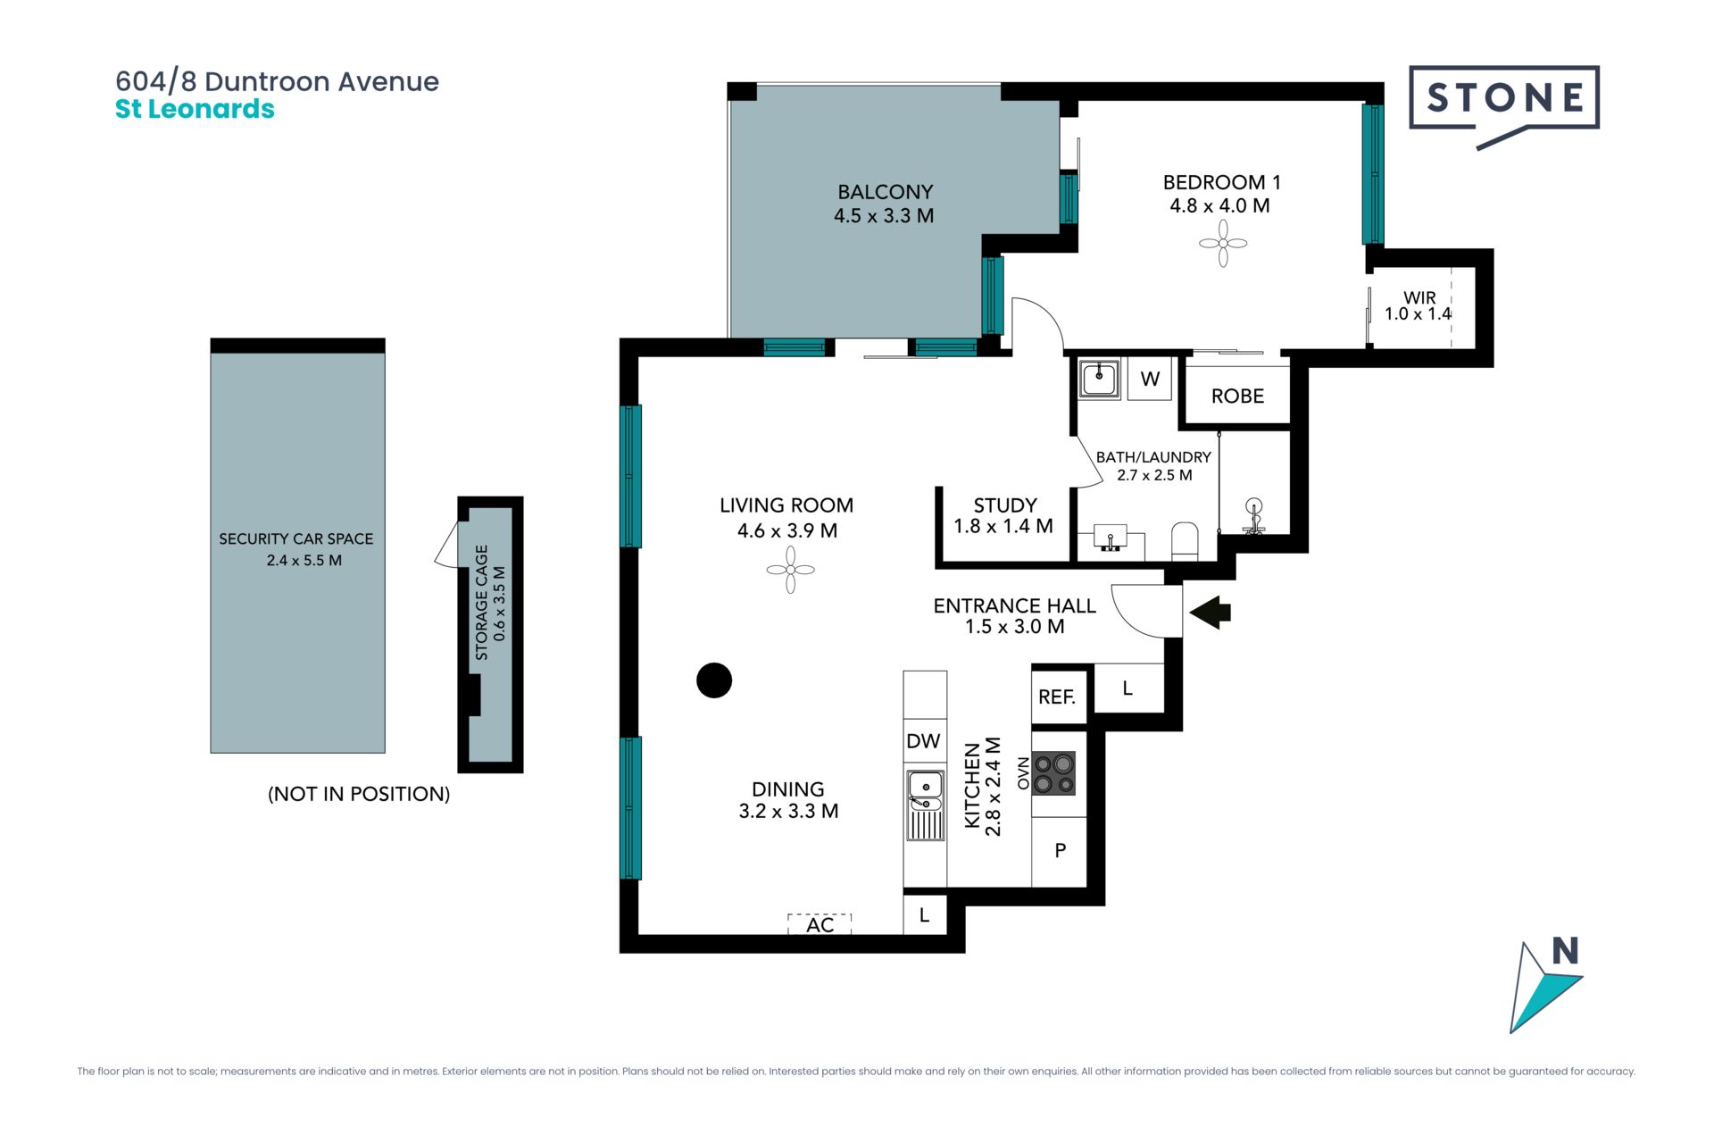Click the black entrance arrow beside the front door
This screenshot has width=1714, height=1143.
[1211, 613]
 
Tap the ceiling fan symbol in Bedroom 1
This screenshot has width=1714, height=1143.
[1223, 243]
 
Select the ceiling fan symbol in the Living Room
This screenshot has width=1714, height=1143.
[791, 570]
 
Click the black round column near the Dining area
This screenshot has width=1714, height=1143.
[714, 680]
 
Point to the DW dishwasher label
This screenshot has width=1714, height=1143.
[923, 741]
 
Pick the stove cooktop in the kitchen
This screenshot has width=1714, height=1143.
[1053, 773]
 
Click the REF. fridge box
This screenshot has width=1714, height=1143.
[1058, 697]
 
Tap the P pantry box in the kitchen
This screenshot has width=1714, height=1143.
[1060, 851]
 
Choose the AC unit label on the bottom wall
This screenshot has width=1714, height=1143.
[820, 925]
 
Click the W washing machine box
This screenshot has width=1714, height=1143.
[1150, 379]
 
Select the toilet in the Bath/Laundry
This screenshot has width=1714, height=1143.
[1185, 541]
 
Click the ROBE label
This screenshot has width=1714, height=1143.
[1237, 396]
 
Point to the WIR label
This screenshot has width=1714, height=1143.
[1419, 297]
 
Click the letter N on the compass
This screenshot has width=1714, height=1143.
[1566, 951]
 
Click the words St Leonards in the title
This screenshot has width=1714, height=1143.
[195, 109]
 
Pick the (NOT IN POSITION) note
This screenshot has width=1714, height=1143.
[359, 794]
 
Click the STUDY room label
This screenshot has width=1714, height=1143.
[1005, 505]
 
